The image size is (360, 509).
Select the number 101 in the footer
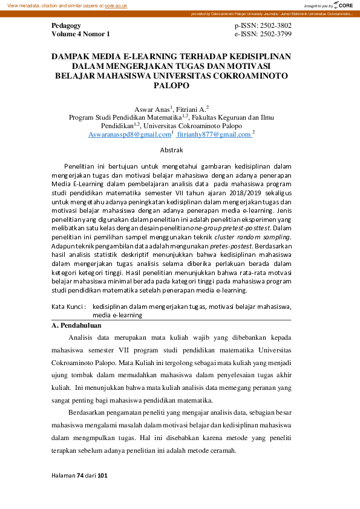pos(102,476)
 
